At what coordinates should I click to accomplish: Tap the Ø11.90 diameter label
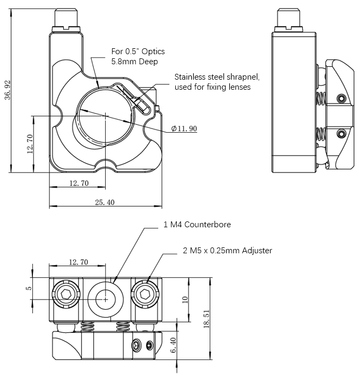coord(184,128)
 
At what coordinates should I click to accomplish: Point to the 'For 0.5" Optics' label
coord(138,52)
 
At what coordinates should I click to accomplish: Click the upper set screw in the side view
coord(341,98)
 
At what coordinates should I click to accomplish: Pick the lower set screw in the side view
coord(341,133)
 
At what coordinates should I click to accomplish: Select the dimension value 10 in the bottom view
coord(185,299)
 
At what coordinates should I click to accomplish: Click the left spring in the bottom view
coord(89,327)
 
